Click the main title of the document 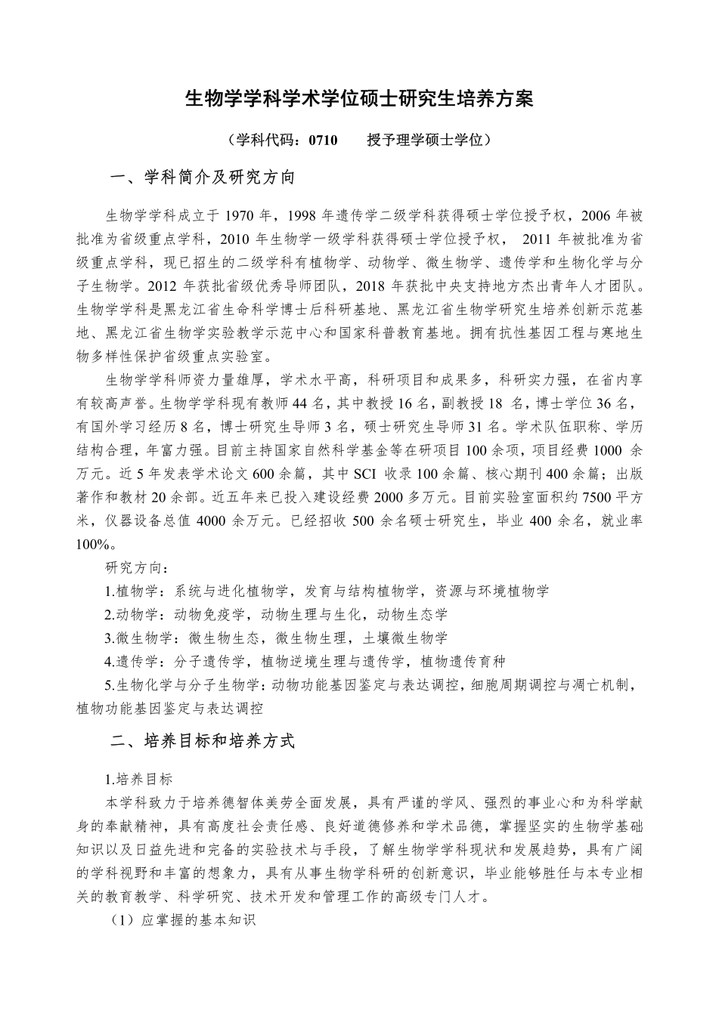tap(359, 99)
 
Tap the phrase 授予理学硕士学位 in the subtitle tap(429, 140)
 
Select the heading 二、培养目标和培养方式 tap(202, 741)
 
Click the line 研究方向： tap(137, 567)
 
